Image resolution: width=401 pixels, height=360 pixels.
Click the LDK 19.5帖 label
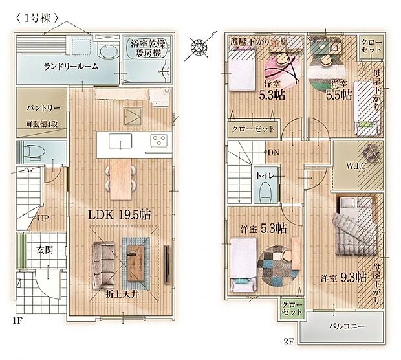click(119, 215)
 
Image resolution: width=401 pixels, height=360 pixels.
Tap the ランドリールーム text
click(71, 67)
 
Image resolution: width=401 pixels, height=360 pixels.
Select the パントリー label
click(43, 108)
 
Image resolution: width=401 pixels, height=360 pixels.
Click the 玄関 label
click(45, 249)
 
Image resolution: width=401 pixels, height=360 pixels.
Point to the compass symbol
click(199, 48)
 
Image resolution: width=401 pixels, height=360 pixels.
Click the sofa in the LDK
click(103, 265)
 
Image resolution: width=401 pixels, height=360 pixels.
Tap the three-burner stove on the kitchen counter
click(158, 141)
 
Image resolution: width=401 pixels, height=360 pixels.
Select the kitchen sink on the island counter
click(120, 141)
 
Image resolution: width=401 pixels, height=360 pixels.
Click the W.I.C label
click(356, 166)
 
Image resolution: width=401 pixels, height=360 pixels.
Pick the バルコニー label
click(347, 326)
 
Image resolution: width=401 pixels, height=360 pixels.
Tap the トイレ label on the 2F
click(265, 176)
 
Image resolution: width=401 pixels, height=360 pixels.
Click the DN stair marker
click(273, 153)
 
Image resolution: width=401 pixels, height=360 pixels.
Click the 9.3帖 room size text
click(354, 277)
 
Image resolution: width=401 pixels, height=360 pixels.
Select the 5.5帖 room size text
click(339, 95)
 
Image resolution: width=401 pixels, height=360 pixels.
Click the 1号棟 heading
click(38, 18)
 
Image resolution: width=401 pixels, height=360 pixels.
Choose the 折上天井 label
click(122, 295)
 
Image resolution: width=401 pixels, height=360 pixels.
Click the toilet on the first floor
click(32, 152)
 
